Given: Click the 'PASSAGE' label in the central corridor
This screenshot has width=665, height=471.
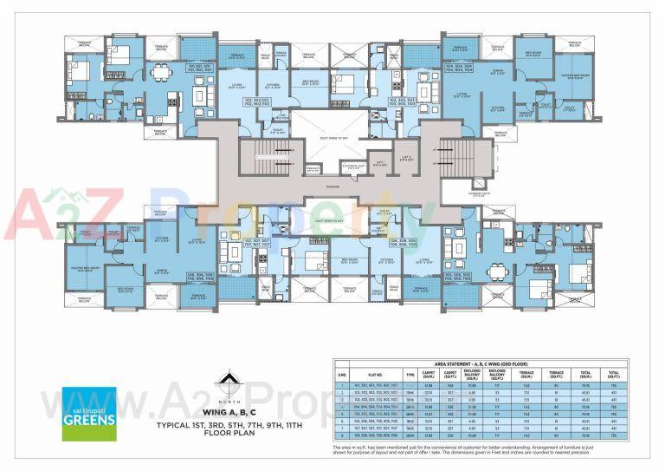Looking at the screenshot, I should [332, 186].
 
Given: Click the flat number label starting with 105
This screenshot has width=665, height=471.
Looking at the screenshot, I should [460, 275].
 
